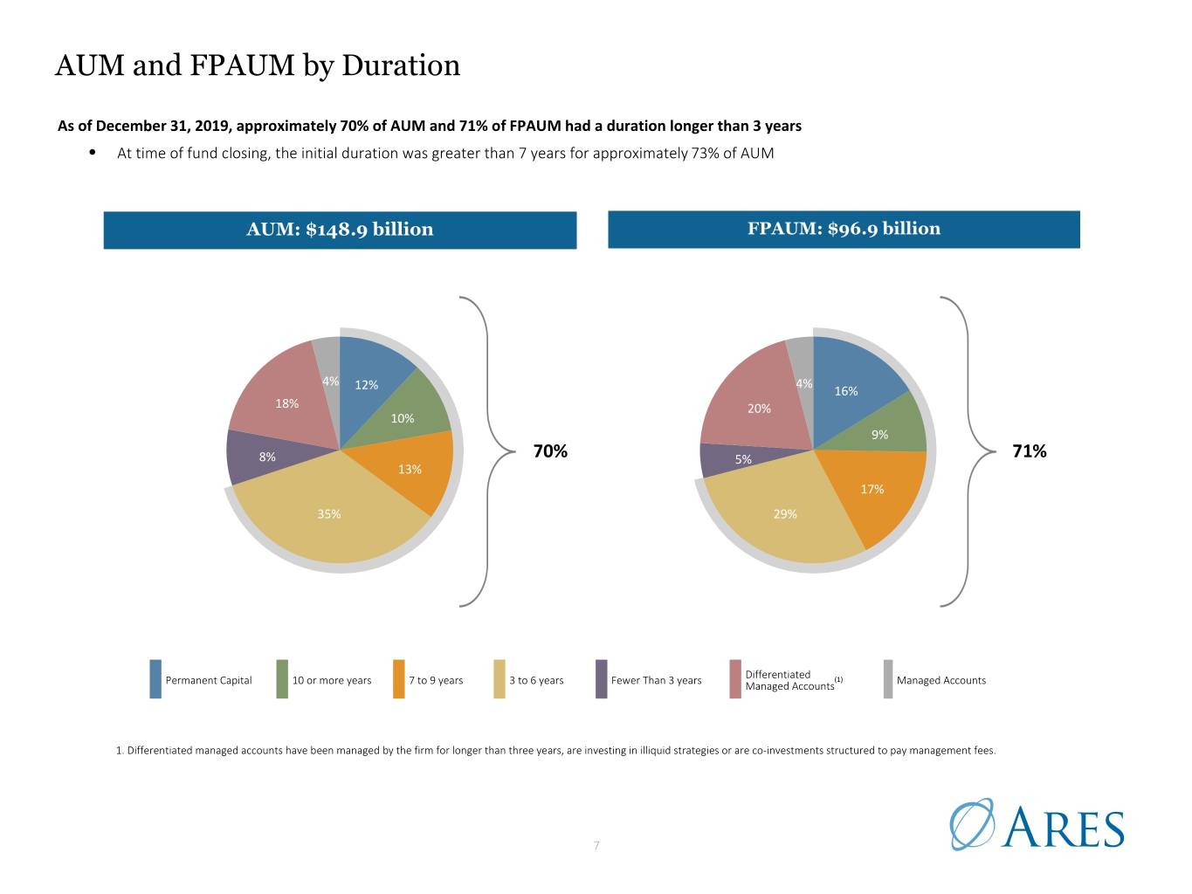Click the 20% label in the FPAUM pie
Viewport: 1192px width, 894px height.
tap(759, 409)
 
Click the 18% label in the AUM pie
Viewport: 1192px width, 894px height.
tap(286, 403)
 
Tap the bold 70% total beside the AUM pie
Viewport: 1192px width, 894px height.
tap(550, 451)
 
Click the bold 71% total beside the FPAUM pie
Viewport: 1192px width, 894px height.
tap(1029, 451)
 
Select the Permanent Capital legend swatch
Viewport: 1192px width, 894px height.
tap(155, 679)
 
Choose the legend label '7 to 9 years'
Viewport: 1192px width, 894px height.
tap(436, 680)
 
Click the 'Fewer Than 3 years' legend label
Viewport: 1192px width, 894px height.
tap(656, 680)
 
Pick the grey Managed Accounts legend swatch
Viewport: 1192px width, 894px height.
tap(888, 679)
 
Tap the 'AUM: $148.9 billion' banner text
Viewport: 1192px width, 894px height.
tap(340, 229)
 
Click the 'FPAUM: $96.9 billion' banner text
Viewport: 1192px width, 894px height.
tap(844, 229)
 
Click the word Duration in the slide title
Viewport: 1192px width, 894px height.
tap(401, 65)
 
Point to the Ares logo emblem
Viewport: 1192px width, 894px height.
tap(972, 823)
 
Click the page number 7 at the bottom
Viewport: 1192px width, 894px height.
tap(596, 845)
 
